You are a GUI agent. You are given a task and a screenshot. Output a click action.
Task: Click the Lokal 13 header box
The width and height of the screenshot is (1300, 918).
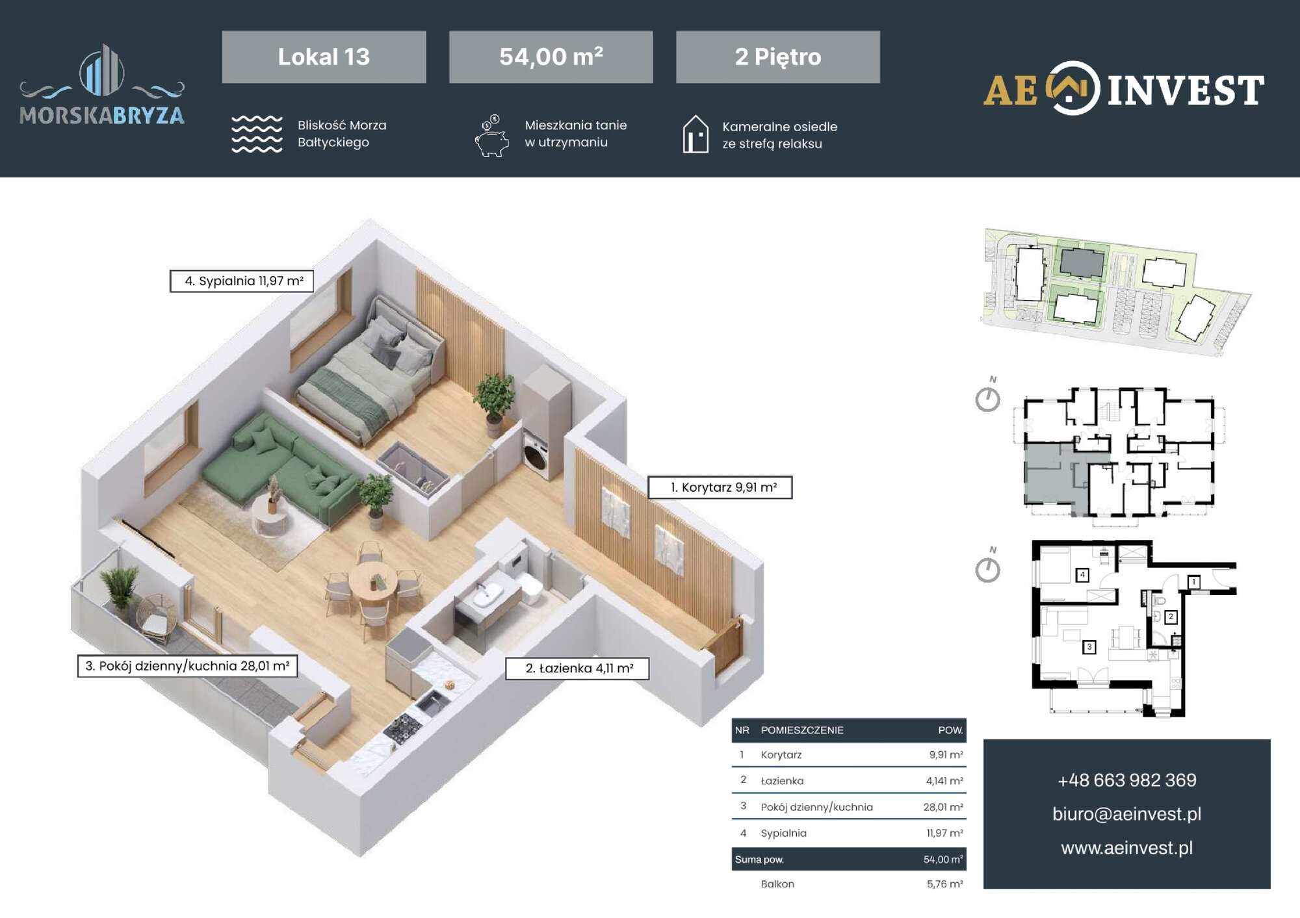pyautogui.click(x=324, y=57)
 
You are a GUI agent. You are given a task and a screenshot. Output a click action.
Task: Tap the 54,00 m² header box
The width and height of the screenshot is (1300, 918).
pyautogui.click(x=551, y=57)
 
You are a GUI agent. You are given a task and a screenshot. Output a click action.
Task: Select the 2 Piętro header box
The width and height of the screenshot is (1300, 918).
pyautogui.click(x=778, y=57)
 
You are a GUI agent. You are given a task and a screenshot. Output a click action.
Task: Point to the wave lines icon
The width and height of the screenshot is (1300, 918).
pyautogui.click(x=257, y=134)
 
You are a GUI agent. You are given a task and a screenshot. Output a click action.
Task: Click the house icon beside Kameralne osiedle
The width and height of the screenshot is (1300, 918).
pyautogui.click(x=695, y=134)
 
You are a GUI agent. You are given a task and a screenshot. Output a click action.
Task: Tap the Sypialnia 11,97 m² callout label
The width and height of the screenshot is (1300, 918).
pyautogui.click(x=242, y=281)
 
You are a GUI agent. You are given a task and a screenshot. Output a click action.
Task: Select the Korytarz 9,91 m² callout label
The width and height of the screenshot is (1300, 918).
pyautogui.click(x=720, y=487)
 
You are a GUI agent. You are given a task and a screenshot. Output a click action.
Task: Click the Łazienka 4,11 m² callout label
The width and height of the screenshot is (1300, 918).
pyautogui.click(x=577, y=668)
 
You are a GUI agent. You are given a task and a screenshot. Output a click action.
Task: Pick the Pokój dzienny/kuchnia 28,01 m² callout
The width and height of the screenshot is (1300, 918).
pyautogui.click(x=187, y=666)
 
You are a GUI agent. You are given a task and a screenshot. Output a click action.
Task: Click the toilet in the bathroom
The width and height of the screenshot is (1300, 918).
pyautogui.click(x=530, y=587)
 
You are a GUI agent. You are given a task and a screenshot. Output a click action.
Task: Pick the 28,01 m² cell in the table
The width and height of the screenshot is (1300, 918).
pyautogui.click(x=943, y=807)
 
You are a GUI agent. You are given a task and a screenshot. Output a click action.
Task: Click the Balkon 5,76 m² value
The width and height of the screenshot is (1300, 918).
pyautogui.click(x=945, y=884)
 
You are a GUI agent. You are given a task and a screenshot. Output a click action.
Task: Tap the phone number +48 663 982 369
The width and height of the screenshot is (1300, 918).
pyautogui.click(x=1127, y=780)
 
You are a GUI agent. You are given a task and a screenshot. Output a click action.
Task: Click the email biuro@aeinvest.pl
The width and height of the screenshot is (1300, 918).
pyautogui.click(x=1127, y=814)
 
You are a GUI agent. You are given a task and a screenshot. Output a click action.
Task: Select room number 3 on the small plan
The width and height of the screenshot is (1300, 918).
pyautogui.click(x=1089, y=647)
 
